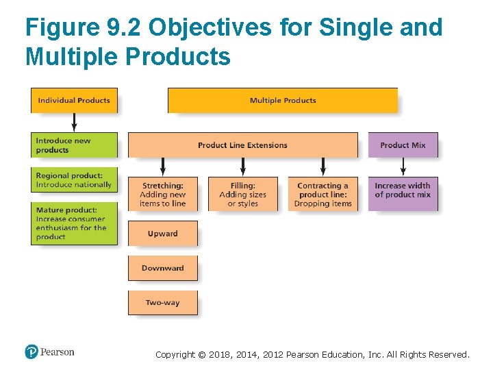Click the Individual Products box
pos(74,100)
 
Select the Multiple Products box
pos(282,100)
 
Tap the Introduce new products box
pos(74,145)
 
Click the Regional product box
pos(74,180)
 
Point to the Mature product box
pos(74,223)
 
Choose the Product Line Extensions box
pos(242,145)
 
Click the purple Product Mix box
pos(403,145)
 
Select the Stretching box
pos(162,195)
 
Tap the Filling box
pos(242,195)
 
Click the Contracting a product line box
pos(323,195)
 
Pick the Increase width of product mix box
pos(403,190)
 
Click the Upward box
pos(162,234)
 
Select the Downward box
pos(162,268)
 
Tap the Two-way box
pos(162,303)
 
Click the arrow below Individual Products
pos(74,123)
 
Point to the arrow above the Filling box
pos(242,167)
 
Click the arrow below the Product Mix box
pos(403,167)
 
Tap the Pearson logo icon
pos(31,352)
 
